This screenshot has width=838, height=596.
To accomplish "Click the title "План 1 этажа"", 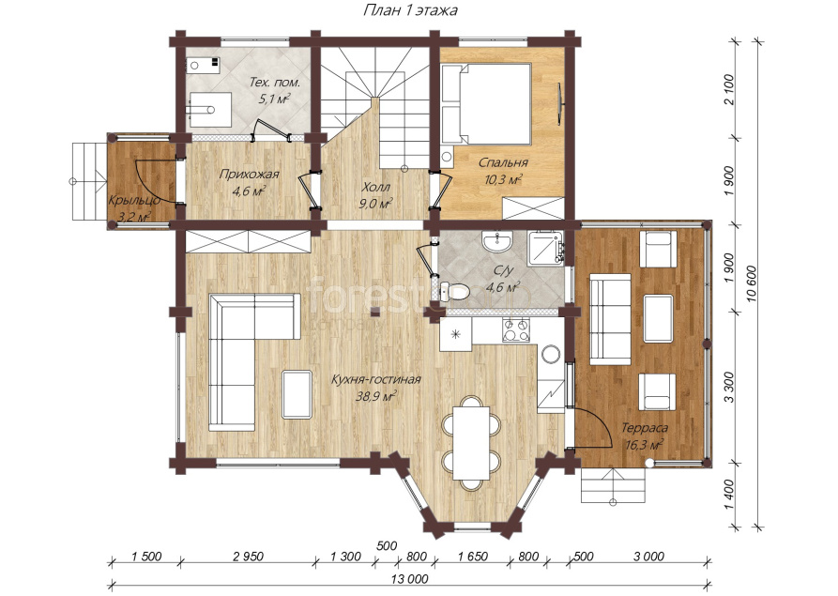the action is (410, 10).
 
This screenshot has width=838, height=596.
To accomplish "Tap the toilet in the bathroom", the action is (454, 291).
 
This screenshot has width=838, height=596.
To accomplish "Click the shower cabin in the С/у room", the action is (546, 248).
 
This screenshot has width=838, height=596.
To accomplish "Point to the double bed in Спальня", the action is (485, 104).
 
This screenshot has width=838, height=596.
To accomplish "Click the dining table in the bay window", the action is (471, 443).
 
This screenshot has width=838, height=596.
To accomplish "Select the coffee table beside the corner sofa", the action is (297, 394).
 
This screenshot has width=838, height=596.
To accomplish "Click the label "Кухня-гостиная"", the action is (375, 379).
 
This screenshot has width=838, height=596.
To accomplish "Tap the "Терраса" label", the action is (645, 428).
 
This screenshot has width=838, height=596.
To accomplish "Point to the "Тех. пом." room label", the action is (275, 83).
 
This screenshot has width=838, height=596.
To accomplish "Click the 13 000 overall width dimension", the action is (411, 578).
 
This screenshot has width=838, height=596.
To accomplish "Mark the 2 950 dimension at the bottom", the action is (248, 557).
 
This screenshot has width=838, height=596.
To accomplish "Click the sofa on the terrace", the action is (610, 319).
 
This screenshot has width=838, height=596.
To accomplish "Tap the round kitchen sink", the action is (551, 353).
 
